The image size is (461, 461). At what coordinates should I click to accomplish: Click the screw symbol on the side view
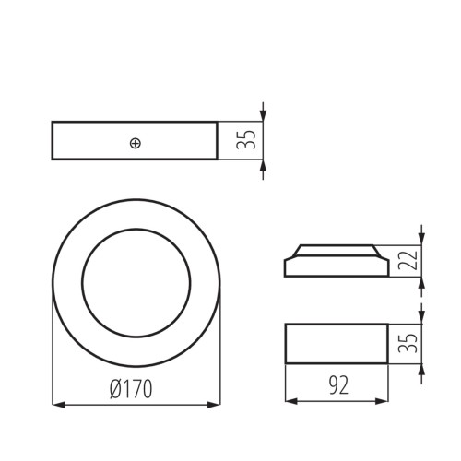[136, 142]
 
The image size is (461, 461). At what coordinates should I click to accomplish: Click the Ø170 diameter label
[130, 389]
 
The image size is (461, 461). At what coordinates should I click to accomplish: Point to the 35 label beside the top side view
[247, 140]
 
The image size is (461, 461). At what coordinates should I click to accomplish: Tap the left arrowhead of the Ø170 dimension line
[56, 403]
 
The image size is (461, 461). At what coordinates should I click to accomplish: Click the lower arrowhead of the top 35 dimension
[263, 164]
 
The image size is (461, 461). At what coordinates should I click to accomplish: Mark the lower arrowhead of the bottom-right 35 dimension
[421, 367]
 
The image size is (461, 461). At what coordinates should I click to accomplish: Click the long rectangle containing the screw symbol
[92, 141]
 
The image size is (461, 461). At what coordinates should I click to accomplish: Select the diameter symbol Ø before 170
[114, 389]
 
